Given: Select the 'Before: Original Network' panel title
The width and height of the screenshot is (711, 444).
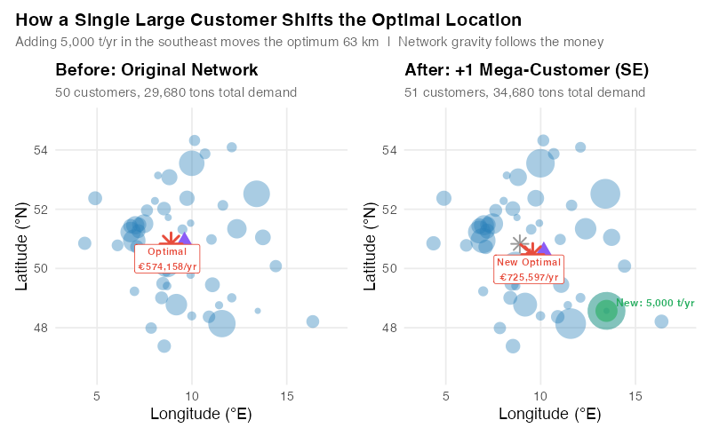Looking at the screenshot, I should click(156, 70).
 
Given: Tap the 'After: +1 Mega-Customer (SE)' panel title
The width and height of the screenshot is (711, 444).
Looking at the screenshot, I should click(526, 70).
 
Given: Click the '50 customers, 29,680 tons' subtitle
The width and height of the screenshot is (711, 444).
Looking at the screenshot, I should click(176, 91).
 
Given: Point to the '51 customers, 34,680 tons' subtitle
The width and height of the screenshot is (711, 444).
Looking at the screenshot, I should click(524, 91).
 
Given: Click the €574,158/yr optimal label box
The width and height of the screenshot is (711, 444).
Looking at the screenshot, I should click(167, 258).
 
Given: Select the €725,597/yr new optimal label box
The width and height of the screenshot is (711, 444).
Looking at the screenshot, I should click(529, 268).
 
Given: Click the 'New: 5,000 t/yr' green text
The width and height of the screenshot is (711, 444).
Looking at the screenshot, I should click(655, 303).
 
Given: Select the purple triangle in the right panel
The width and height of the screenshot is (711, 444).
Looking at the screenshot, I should click(544, 250).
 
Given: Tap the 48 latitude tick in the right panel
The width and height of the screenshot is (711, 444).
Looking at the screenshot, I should click(390, 328).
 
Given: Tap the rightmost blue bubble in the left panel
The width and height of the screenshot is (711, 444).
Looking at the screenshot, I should click(312, 321).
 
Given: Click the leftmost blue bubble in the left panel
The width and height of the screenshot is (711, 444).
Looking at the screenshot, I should click(84, 243).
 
